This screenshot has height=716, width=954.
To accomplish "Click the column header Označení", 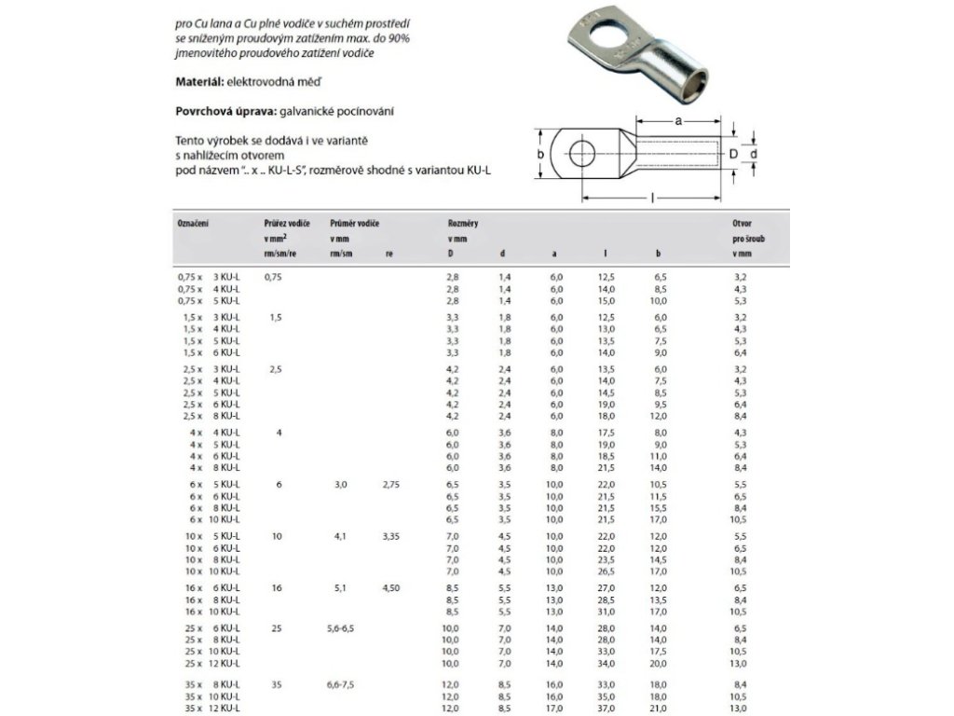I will [x=192, y=225].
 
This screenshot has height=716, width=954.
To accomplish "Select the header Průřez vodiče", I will [x=288, y=225].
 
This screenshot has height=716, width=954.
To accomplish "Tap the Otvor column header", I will [x=743, y=225].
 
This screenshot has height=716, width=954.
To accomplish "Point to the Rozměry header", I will [x=464, y=225].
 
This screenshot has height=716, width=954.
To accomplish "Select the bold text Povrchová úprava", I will [x=220, y=111].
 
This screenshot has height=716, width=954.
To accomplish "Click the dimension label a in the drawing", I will [x=679, y=122].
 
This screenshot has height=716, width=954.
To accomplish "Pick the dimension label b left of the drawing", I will [x=540, y=154].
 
